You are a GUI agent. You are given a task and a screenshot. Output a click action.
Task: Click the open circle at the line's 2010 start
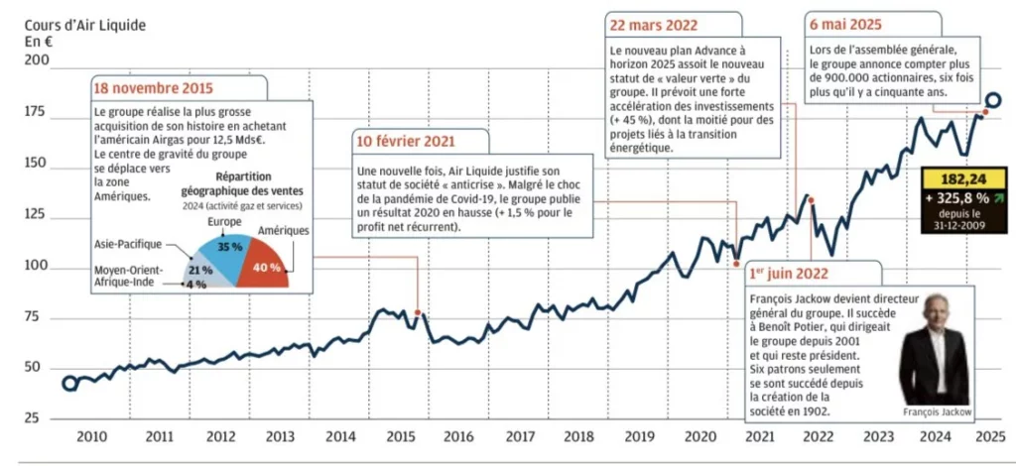[x=69, y=384]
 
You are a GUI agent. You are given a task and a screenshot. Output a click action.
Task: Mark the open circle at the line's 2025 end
[x=993, y=100]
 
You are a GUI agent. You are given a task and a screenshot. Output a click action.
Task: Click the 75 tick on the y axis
[x=39, y=317]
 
